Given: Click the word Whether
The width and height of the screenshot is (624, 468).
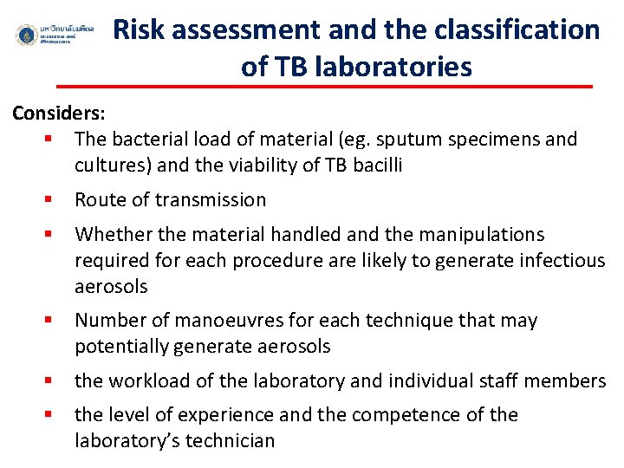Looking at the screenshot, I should click(x=110, y=235).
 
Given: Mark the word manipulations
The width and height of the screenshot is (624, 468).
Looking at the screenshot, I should click(x=491, y=235).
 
